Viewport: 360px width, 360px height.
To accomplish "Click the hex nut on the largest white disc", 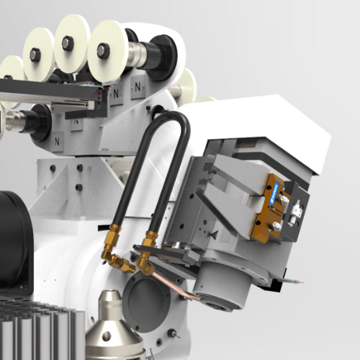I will [103, 50].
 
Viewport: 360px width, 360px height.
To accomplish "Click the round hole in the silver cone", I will [108, 334].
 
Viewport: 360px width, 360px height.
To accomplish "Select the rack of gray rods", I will [36, 331].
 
